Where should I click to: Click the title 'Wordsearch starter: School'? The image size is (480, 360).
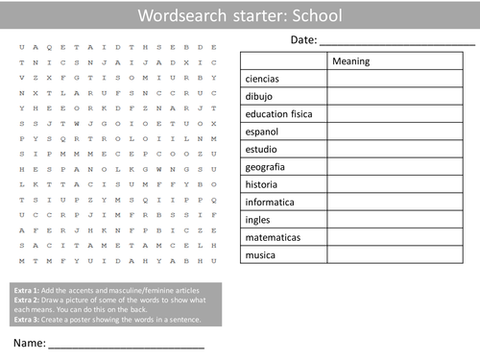(239, 15)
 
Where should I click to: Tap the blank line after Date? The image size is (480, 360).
(396, 42)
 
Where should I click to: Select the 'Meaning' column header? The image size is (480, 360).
(350, 61)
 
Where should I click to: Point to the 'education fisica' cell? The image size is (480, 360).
(280, 114)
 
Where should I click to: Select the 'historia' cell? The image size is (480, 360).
(261, 183)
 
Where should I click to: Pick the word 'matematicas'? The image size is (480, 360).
(274, 236)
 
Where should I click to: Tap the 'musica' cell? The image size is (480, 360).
(260, 254)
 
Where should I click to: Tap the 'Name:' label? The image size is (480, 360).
(28, 343)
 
